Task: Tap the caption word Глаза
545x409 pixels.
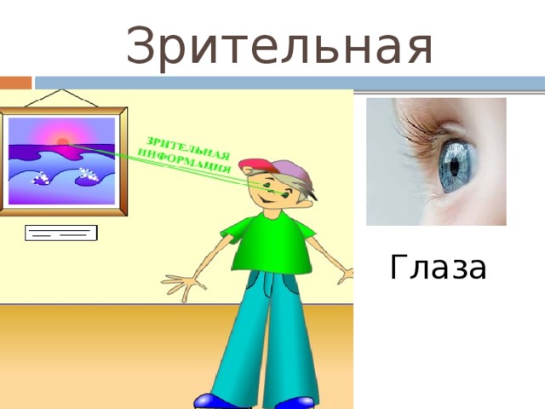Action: click(438, 268)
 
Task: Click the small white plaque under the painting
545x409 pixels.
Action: click(61, 233)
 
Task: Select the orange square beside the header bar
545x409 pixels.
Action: click(15, 83)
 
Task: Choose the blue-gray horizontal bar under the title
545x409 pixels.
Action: click(290, 83)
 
